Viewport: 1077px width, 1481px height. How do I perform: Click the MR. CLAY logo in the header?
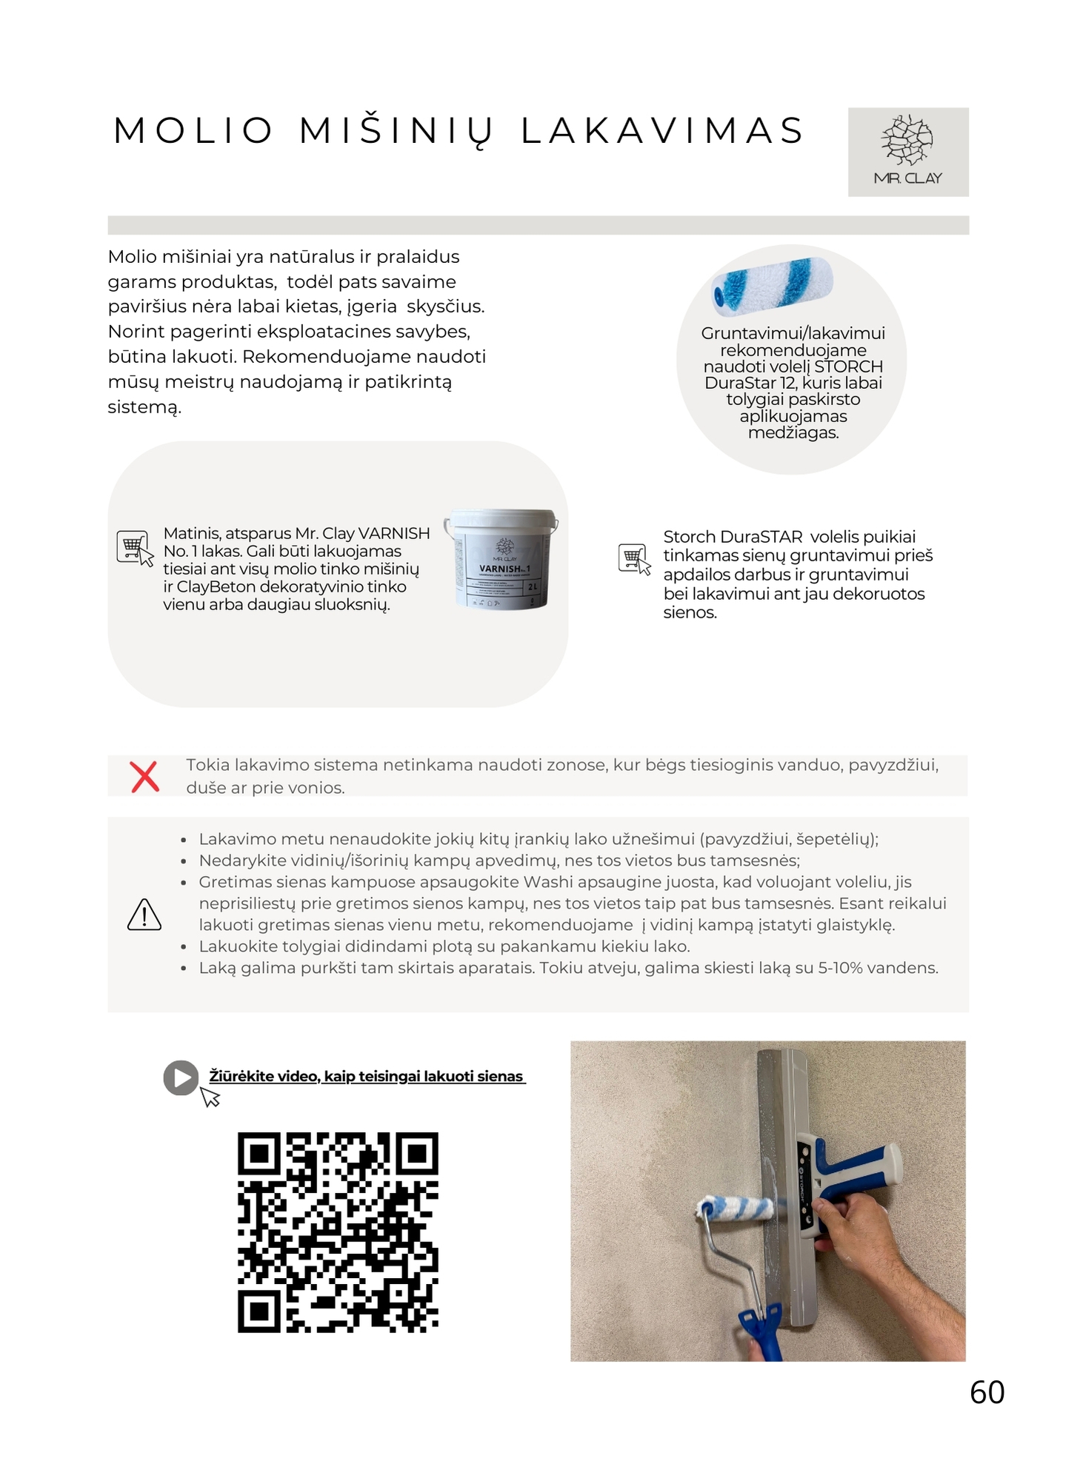tap(907, 152)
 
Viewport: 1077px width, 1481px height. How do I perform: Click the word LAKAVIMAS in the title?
tap(662, 131)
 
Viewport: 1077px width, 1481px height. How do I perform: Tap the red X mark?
tap(144, 777)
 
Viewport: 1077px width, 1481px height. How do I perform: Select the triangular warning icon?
tap(144, 915)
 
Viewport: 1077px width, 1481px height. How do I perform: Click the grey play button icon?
tap(181, 1077)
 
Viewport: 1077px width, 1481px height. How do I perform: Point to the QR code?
tap(338, 1232)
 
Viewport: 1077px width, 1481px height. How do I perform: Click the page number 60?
tap(987, 1393)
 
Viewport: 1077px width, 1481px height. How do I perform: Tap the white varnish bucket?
tap(502, 559)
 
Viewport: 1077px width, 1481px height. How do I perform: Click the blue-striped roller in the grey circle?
tap(772, 285)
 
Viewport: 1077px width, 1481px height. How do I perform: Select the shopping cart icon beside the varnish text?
tap(134, 548)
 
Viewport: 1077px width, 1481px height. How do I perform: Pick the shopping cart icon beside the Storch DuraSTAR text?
tap(634, 558)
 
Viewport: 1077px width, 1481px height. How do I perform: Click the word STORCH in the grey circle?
tap(848, 367)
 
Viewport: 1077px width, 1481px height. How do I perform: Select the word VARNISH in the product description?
tap(393, 533)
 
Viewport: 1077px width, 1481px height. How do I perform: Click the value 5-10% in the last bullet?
tap(839, 968)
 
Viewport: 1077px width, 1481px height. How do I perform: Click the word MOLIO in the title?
tap(193, 131)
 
